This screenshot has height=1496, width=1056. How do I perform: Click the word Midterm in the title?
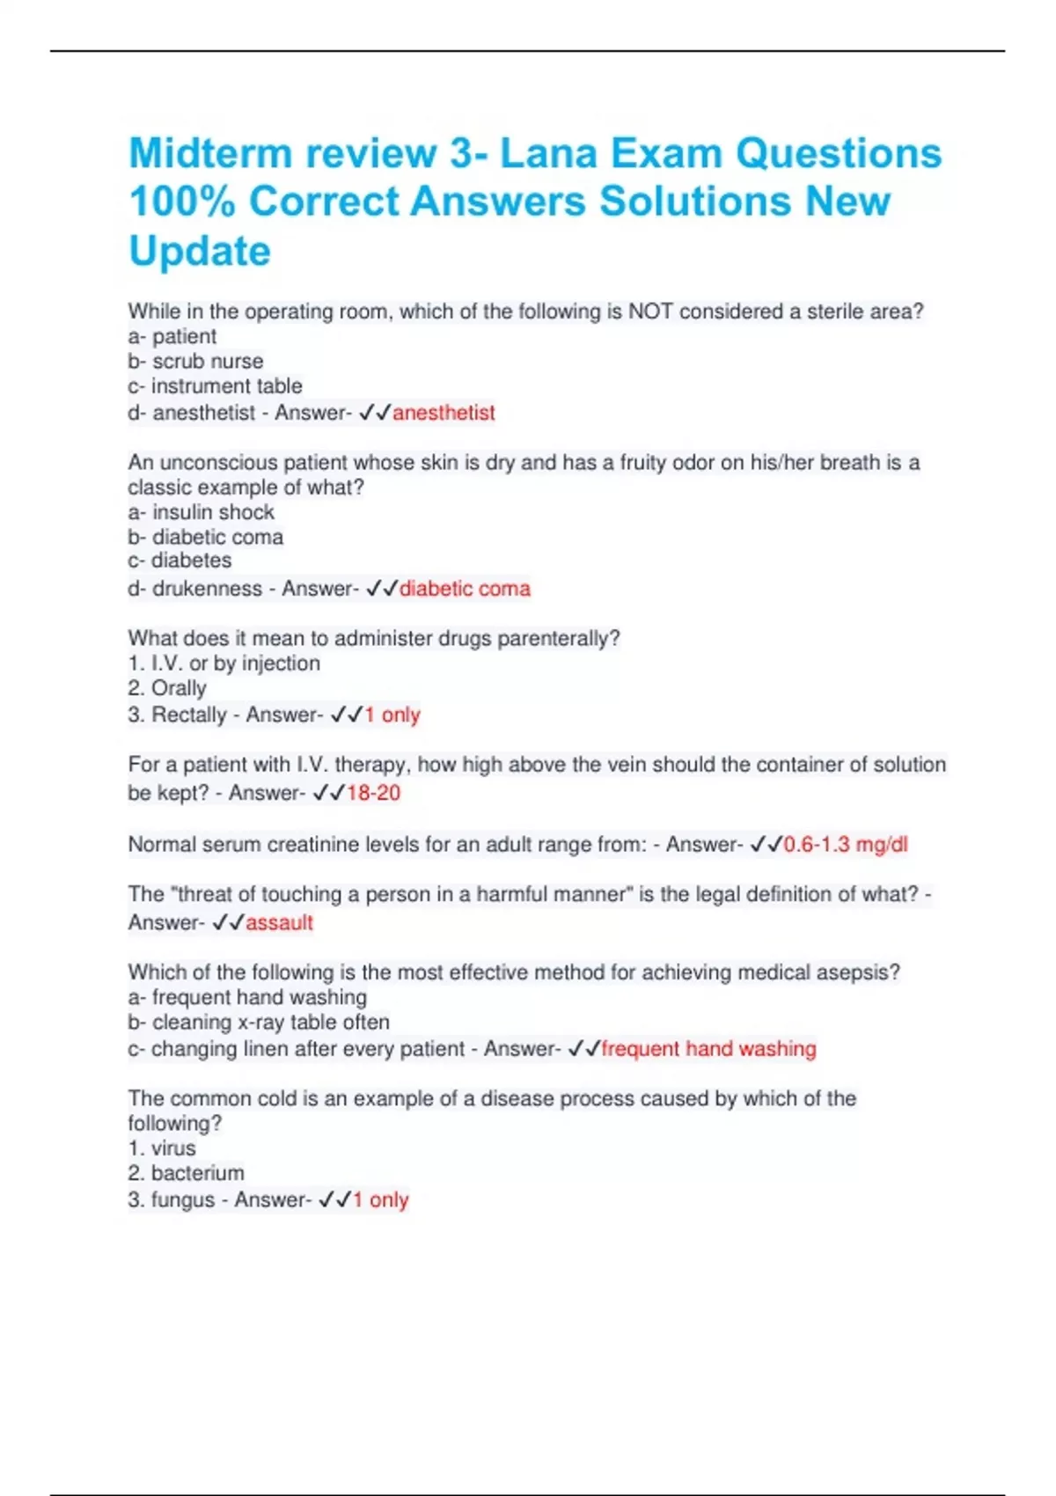(x=210, y=153)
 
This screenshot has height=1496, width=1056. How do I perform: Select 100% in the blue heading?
(x=182, y=202)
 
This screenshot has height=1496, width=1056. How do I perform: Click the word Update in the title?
(x=200, y=252)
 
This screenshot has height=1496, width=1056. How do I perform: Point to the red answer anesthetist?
(x=444, y=413)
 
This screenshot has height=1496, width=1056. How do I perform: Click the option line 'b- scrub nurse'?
(x=195, y=362)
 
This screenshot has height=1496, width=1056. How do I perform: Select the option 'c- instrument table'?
(x=215, y=386)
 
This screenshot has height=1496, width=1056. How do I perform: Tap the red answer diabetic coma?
(x=465, y=589)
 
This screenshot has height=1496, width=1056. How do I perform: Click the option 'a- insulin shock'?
(x=201, y=512)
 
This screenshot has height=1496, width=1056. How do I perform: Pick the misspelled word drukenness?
(x=207, y=589)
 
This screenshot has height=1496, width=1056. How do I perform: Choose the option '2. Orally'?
(x=167, y=688)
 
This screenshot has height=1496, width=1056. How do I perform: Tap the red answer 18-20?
(x=373, y=793)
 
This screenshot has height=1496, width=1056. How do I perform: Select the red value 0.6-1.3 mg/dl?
(x=845, y=845)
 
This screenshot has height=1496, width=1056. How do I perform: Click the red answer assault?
(x=279, y=922)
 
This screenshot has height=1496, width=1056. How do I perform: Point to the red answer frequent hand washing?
(x=708, y=1049)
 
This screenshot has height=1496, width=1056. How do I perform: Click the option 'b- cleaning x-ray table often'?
(x=259, y=1023)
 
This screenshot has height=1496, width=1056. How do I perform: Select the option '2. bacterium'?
(x=186, y=1173)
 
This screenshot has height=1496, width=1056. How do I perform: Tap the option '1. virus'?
(x=162, y=1148)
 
